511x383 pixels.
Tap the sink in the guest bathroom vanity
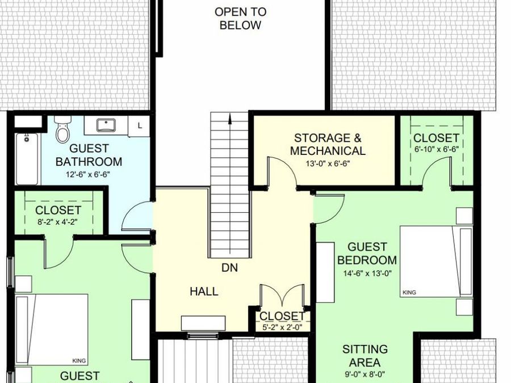[106, 125]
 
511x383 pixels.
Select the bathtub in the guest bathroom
[27, 159]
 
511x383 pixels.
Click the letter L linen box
[140, 125]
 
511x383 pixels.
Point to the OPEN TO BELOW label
[241, 19]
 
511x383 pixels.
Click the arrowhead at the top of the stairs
[230, 119]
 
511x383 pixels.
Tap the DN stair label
[230, 268]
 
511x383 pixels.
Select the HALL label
[204, 291]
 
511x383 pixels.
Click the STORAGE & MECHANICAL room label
[328, 144]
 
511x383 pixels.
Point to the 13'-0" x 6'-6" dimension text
[328, 163]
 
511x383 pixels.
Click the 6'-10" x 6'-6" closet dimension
[437, 149]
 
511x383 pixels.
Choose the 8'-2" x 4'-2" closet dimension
[58, 222]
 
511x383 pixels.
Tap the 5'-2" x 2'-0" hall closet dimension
[282, 327]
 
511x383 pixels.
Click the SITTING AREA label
[365, 356]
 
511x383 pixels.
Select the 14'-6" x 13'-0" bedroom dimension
[367, 273]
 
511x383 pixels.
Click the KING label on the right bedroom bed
[409, 292]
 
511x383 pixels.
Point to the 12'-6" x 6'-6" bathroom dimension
[88, 174]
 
